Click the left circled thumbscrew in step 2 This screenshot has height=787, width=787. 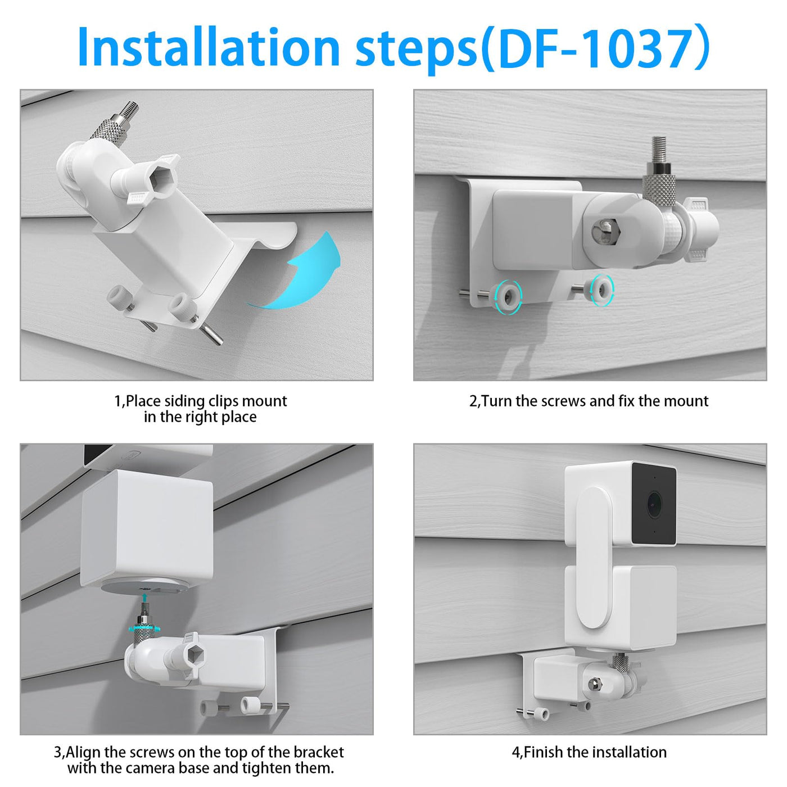click(508, 298)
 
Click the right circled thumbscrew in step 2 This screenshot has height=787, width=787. click(603, 290)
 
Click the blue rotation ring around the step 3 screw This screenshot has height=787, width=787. click(143, 626)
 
